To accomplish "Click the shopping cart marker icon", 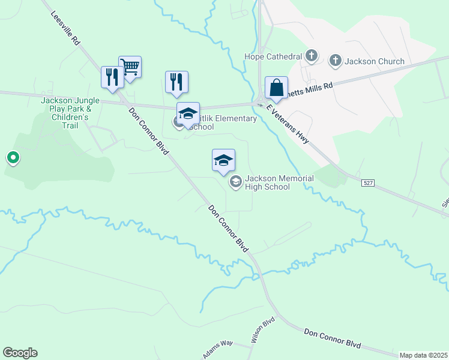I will pyautogui.click(x=130, y=66).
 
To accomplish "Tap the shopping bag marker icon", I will pyautogui.click(x=276, y=87).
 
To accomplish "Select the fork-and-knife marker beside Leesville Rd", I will pyautogui.click(x=112, y=77).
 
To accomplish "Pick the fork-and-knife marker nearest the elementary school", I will pyautogui.click(x=176, y=82).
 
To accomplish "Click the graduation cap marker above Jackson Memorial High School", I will pyautogui.click(x=223, y=160).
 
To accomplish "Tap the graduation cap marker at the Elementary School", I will pyautogui.click(x=187, y=113).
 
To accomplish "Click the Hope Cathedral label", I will pyautogui.click(x=273, y=56).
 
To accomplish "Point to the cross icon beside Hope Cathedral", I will pyautogui.click(x=311, y=56).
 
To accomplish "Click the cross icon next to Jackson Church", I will pyautogui.click(x=335, y=61).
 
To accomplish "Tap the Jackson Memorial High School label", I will pyautogui.click(x=268, y=182).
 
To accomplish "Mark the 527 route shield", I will pyautogui.click(x=369, y=182).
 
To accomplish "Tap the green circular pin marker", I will pyautogui.click(x=13, y=158).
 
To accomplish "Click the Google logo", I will pyautogui.click(x=20, y=353).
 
